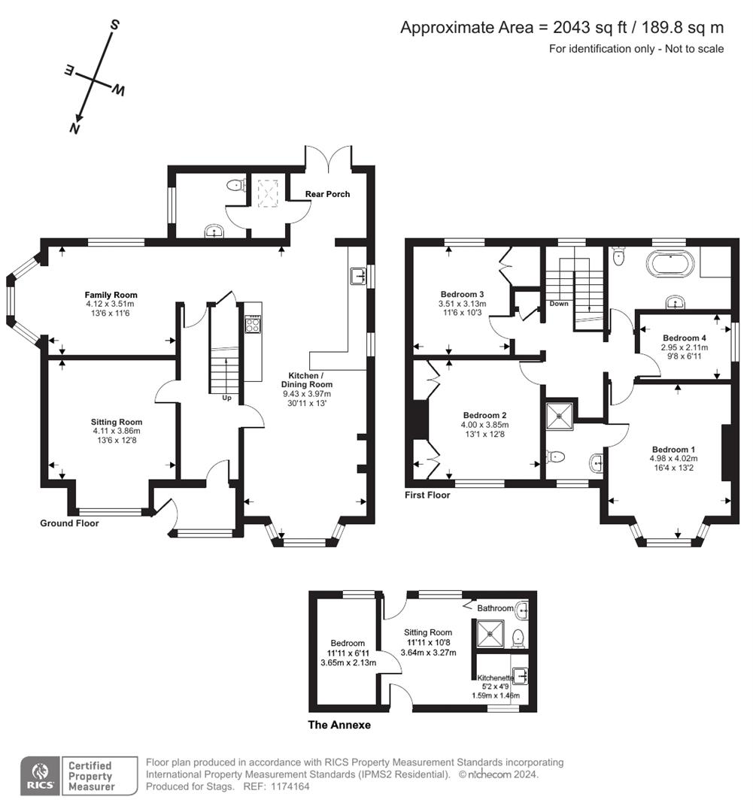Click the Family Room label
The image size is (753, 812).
click(x=111, y=295)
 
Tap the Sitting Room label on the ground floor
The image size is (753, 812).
click(x=117, y=422)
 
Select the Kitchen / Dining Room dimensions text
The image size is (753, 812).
click(x=307, y=398)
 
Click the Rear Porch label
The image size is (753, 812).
click(x=327, y=194)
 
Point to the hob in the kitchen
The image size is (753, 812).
click(x=253, y=326)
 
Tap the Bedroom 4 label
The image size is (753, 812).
click(x=685, y=338)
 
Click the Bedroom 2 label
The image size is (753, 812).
click(x=484, y=415)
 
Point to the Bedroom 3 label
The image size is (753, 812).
click(x=462, y=294)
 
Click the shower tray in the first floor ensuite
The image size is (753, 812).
click(x=560, y=413)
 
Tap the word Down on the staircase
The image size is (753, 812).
click(x=559, y=304)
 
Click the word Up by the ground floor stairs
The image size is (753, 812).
click(x=226, y=398)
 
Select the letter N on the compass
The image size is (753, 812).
click(x=74, y=128)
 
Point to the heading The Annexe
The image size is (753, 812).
click(x=339, y=726)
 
